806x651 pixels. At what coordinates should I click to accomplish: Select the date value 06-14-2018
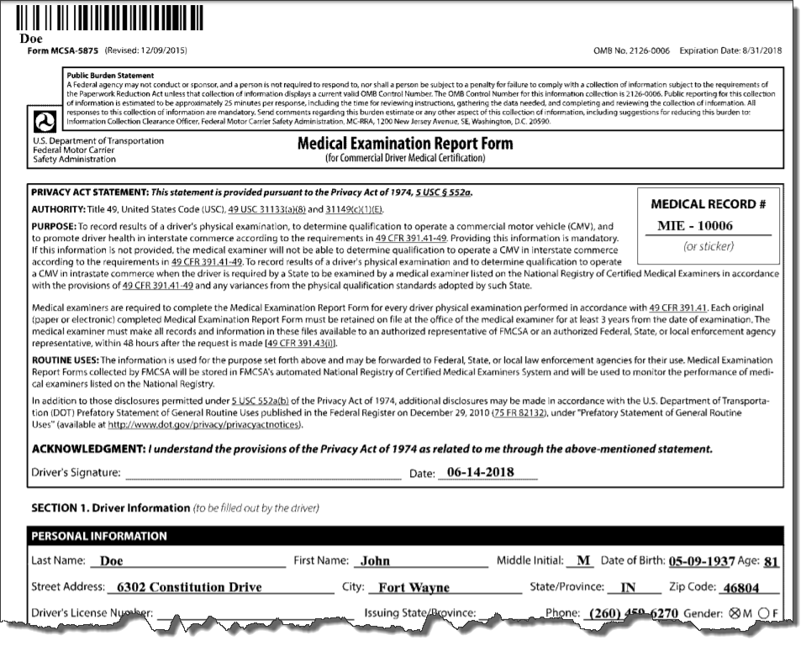tap(480, 472)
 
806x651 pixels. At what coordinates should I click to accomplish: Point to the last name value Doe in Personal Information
tap(111, 561)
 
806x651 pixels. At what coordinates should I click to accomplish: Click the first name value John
tap(375, 561)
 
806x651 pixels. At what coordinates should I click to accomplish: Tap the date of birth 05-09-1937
tap(701, 561)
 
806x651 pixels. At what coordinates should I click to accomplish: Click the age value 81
tap(771, 561)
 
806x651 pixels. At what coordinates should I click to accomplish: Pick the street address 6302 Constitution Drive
tap(189, 587)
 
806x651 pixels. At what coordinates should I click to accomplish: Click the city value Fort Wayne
tap(414, 587)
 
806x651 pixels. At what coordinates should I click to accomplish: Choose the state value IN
tap(628, 587)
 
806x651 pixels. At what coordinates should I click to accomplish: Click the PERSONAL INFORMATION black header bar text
tap(99, 536)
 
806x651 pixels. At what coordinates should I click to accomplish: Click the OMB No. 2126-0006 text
tap(631, 51)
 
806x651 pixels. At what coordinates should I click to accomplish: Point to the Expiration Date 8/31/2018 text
tap(730, 51)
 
